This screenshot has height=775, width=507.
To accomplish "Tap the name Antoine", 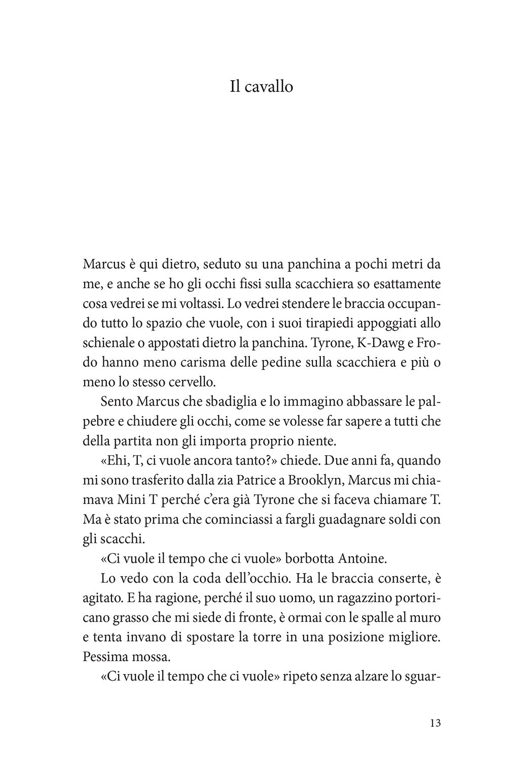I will (x=365, y=559).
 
